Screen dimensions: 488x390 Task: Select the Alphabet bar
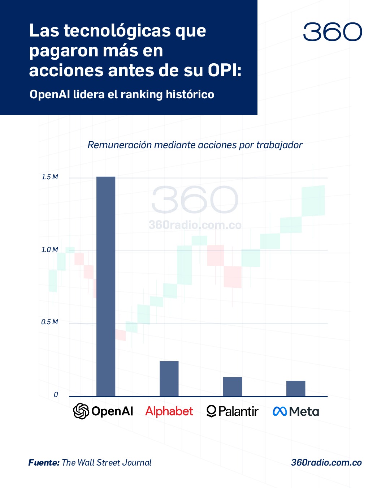(x=169, y=378)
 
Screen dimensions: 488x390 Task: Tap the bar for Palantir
(x=232, y=386)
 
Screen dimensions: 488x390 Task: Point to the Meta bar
(x=296, y=389)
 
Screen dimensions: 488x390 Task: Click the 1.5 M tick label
(x=49, y=177)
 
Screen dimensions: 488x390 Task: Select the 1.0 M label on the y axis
(x=49, y=250)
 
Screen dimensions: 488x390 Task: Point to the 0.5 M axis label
(x=49, y=322)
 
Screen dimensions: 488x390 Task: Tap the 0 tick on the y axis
(x=56, y=395)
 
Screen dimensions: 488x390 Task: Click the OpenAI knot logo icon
(x=81, y=411)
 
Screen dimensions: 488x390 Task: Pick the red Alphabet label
(x=169, y=411)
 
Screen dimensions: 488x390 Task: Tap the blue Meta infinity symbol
(x=280, y=411)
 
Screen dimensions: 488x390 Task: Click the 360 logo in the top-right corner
(x=332, y=32)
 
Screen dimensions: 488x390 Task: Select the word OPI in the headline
(x=224, y=70)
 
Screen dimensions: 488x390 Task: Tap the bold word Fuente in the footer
(x=44, y=463)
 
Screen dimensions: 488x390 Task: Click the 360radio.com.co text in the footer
(x=326, y=463)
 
